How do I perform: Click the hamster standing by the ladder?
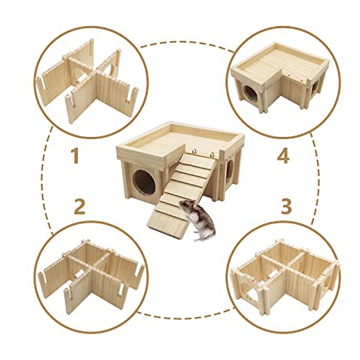(x=199, y=220)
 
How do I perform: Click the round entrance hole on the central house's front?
(x=144, y=182)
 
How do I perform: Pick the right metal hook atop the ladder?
(x=212, y=155)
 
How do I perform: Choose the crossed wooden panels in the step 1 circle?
(x=90, y=78)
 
